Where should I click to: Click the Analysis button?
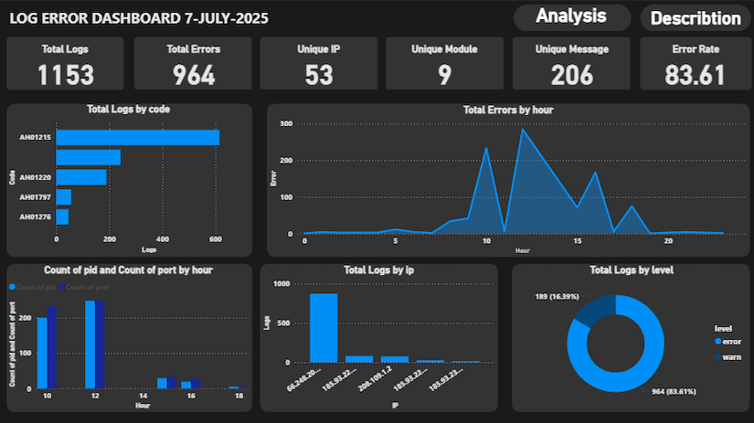click(571, 16)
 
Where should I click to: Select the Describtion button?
click(696, 18)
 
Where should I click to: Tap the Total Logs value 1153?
click(65, 75)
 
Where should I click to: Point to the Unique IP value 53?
click(319, 75)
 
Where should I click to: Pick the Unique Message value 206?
click(571, 75)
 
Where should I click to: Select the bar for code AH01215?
click(137, 137)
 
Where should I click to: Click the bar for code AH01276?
click(62, 217)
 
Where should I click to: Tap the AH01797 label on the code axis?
click(36, 197)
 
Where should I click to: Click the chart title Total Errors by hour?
click(507, 110)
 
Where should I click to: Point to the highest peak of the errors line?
click(522, 129)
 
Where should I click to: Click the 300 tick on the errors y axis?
click(286, 123)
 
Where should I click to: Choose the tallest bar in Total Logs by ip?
click(324, 328)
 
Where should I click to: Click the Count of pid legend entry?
click(39, 287)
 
